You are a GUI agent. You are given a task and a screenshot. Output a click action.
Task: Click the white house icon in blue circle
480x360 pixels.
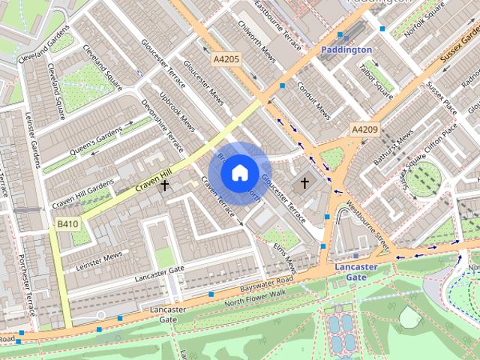tap(239, 173)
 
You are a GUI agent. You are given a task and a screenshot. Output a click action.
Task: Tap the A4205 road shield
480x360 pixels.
tap(226, 58)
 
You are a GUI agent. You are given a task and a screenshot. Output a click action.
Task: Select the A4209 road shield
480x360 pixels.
tap(365, 130)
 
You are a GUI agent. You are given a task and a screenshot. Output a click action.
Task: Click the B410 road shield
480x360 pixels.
tap(67, 224)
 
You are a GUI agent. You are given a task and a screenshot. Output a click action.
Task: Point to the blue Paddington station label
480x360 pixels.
tap(346, 49)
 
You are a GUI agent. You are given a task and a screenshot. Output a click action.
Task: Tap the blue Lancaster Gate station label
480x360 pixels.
tap(356, 271)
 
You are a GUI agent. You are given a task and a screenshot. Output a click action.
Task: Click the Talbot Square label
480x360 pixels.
tap(376, 80)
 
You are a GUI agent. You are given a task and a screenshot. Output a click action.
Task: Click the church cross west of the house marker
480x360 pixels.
tap(164, 184)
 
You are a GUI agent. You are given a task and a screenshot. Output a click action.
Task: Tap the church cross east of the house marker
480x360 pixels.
tap(304, 182)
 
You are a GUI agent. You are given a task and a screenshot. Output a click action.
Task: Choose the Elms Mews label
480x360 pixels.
tap(284, 256)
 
